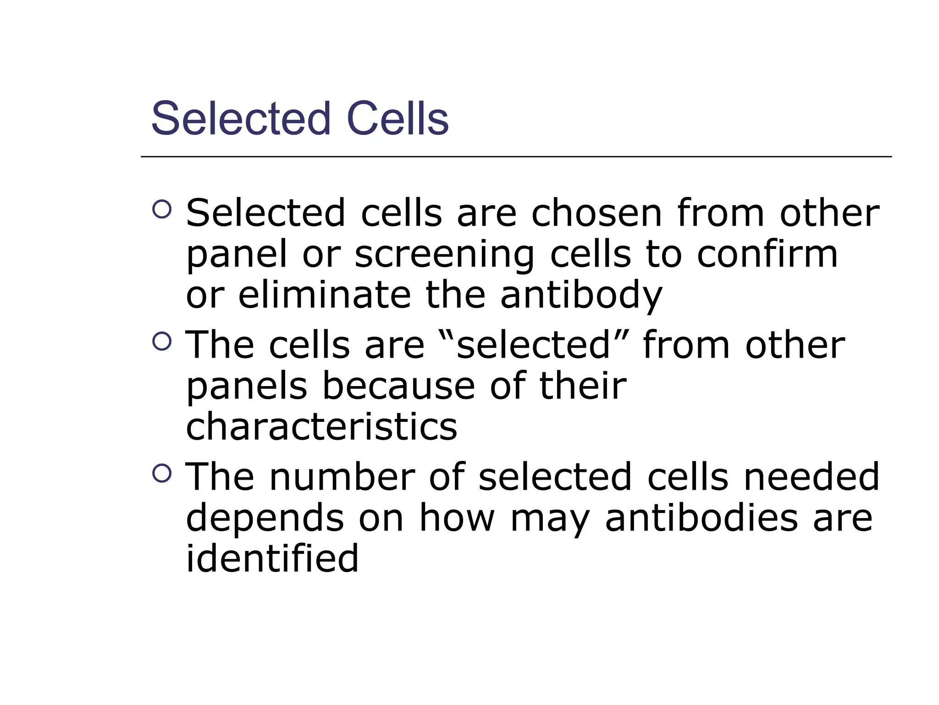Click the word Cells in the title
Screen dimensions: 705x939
click(x=398, y=119)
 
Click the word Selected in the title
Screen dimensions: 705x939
click(x=241, y=119)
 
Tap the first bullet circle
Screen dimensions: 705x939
click(x=161, y=210)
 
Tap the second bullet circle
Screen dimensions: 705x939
click(x=161, y=341)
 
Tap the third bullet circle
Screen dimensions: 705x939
click(x=161, y=473)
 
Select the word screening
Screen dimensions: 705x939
click(x=444, y=255)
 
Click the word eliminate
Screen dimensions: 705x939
click(x=325, y=295)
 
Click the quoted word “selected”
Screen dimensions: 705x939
click(x=533, y=345)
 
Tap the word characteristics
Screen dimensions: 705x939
click(x=321, y=426)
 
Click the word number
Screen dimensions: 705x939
click(x=342, y=477)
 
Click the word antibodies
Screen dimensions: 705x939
click(x=701, y=518)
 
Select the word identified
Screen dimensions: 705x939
click(x=272, y=558)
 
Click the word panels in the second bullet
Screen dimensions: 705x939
click(x=246, y=387)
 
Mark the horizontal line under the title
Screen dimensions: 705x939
click(x=516, y=157)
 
